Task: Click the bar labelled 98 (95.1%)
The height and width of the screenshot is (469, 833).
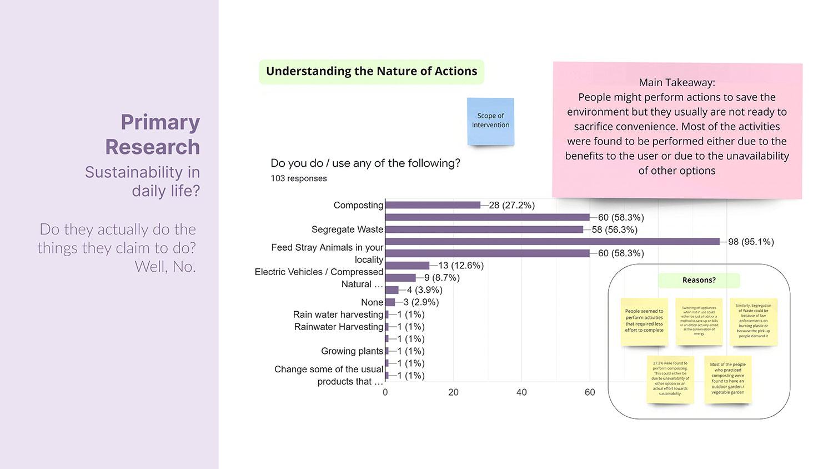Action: pos(552,242)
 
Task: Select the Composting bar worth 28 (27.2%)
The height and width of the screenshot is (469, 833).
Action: pos(433,205)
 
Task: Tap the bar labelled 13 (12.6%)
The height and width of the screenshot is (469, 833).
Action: pos(407,266)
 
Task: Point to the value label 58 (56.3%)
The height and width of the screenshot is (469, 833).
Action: pos(614,229)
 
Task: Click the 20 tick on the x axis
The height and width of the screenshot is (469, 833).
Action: pos(453,392)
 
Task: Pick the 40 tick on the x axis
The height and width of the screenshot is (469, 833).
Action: pos(521,392)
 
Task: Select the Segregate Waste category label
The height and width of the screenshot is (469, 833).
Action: pos(347,229)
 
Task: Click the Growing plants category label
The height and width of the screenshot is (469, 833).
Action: pos(352,351)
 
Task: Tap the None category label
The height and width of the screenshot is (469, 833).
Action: pos(372,302)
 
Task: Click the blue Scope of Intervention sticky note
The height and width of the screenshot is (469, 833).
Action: pos(490,121)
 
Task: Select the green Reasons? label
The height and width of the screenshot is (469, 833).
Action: pos(699,281)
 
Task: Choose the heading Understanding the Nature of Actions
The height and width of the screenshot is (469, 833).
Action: pos(372,72)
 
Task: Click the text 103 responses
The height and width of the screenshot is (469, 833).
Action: pos(299,178)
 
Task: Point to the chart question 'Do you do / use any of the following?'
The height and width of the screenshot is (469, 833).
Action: pos(365,163)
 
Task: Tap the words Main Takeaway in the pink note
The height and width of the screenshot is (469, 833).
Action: pos(676,83)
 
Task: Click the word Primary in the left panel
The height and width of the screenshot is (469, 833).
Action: pos(160,122)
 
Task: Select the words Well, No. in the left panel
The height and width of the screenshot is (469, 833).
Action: pos(165,267)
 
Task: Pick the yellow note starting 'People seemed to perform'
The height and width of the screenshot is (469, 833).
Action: pos(644,321)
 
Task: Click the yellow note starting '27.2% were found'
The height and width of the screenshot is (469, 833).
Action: pos(670,378)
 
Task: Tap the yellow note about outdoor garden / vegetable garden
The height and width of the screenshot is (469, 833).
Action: pos(727,378)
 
